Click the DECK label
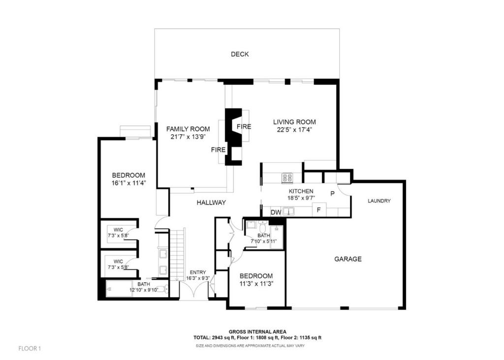click(x=240, y=54)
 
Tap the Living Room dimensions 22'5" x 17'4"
click(x=294, y=130)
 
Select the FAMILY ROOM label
click(x=188, y=129)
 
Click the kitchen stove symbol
click(x=287, y=178)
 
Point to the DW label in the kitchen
click(x=276, y=212)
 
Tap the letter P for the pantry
click(x=333, y=194)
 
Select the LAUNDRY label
click(x=379, y=201)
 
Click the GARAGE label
click(x=348, y=259)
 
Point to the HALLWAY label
click(x=211, y=203)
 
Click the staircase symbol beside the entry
click(x=178, y=253)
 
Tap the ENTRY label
click(x=198, y=272)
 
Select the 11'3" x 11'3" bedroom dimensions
click(x=256, y=284)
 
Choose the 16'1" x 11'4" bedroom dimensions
click(x=128, y=183)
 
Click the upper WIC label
click(x=118, y=230)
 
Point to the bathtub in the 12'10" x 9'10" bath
click(x=119, y=288)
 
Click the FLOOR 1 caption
click(x=30, y=348)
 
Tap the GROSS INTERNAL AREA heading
click(x=257, y=332)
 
